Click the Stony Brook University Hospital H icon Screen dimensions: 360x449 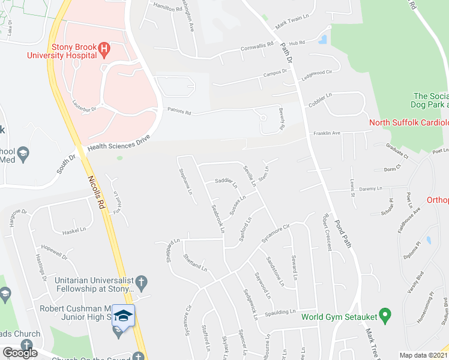click(x=104, y=48)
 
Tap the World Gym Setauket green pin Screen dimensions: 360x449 click(x=386, y=313)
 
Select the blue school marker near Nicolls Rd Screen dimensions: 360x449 click(x=123, y=316)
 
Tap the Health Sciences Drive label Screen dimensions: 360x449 click(x=117, y=142)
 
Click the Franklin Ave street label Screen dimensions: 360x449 click(x=325, y=133)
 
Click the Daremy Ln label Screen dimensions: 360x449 click(x=371, y=188)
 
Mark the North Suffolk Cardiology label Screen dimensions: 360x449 click(x=408, y=123)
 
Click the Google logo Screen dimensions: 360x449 click(x=20, y=353)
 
